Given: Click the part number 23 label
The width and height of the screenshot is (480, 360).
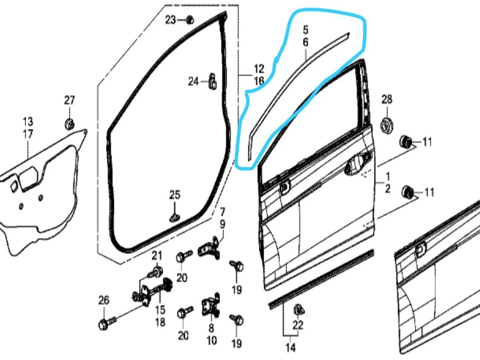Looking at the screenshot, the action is tap(171, 20).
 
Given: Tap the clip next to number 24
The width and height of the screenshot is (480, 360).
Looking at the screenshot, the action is tap(212, 81).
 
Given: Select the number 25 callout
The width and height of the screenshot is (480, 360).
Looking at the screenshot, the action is tap(174, 195).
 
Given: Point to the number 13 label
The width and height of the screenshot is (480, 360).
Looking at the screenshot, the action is tap(28, 121).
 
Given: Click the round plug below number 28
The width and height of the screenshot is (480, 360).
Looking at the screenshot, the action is tap(387, 125).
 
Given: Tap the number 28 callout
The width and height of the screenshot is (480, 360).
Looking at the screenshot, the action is tap(387, 99).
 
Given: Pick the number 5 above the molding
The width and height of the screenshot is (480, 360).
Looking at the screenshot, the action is tap(306, 30).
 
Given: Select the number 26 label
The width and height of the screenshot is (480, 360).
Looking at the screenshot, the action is tap(103, 300).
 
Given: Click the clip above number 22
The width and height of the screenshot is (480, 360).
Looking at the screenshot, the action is tap(299, 310).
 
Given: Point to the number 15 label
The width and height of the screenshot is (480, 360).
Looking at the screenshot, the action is tap(160, 310).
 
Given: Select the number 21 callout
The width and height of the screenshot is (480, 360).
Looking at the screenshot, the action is tap(157, 255).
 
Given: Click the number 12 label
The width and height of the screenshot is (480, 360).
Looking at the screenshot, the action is tap(258, 68).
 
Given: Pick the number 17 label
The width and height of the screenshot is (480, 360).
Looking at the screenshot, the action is tap(28, 134).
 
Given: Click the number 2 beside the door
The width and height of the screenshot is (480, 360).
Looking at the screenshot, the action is tap(388, 189).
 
